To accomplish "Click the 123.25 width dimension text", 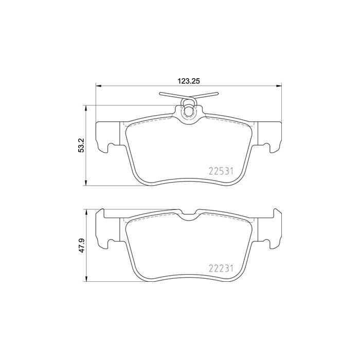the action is (189, 81).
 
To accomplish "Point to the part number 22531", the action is (221, 171).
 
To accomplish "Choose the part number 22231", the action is (221, 268).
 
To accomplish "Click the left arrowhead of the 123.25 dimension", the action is (98, 86).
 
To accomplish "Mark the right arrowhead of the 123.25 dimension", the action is (279, 86).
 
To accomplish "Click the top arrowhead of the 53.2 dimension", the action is (86, 109).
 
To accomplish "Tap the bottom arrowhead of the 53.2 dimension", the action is (86, 183).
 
